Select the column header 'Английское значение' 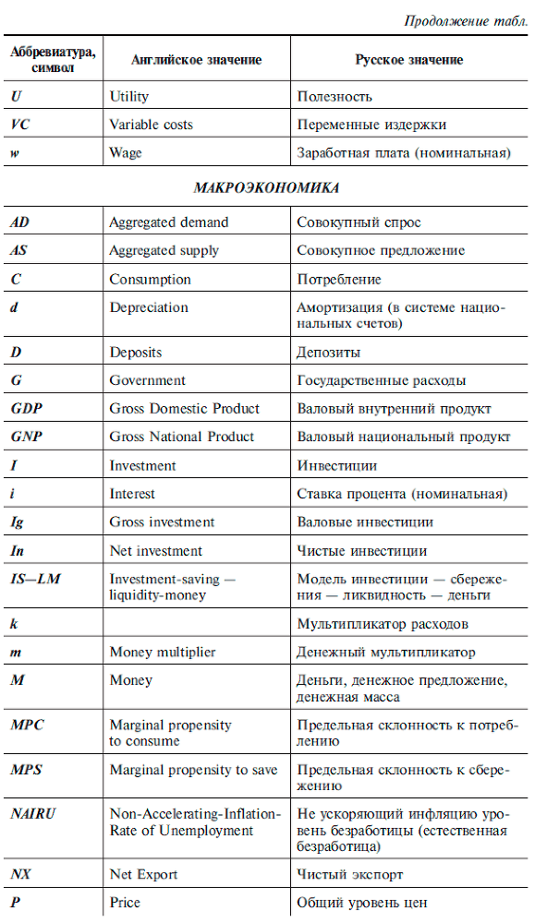pos(196,60)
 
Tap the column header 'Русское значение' pos(409,60)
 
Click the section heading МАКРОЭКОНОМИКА pos(266,187)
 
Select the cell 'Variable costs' pos(151,125)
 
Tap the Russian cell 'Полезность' pos(334,96)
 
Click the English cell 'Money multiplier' pos(162,653)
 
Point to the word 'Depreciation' pos(148,307)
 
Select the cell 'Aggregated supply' pos(164,250)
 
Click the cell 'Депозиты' pos(328,353)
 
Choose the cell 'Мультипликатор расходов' pos(382,624)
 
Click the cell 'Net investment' pos(155,551)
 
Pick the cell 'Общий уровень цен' pos(361,902)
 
